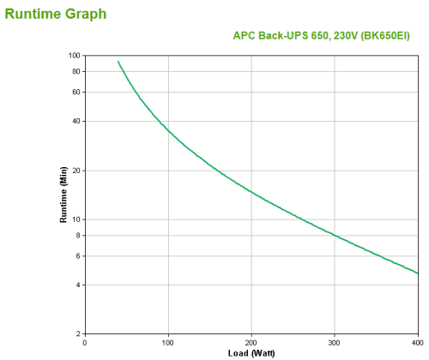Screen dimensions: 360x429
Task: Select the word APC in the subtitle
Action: point(245,36)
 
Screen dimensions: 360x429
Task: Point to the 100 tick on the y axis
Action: point(75,56)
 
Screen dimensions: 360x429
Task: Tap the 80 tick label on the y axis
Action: point(76,71)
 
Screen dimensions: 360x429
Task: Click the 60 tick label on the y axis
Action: point(76,92)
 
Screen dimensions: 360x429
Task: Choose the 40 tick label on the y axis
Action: point(76,121)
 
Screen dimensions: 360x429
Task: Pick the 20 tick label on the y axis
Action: point(76,171)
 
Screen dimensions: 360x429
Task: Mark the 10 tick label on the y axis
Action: point(76,219)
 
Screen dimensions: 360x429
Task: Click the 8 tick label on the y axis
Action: point(78,235)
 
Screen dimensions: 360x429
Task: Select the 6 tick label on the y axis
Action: point(78,255)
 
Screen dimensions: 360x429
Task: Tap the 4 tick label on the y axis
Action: point(78,285)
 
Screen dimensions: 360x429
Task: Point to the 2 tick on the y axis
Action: point(78,333)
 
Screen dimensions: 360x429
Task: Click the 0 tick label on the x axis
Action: point(85,342)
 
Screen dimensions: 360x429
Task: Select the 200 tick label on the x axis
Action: point(251,342)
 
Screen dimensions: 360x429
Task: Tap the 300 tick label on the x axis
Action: point(335,342)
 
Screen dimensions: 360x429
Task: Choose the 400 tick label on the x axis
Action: point(417,342)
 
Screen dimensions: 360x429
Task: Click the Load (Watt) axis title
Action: point(251,352)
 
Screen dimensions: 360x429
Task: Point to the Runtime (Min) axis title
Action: point(63,195)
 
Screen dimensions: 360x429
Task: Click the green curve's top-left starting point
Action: point(118,61)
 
